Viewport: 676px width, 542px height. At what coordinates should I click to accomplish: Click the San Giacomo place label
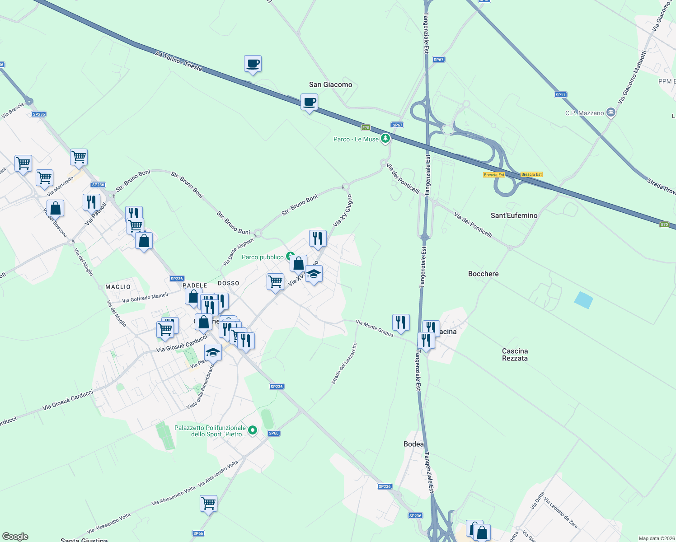[x=330, y=84]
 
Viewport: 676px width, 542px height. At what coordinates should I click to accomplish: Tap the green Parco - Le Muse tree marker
[x=385, y=138]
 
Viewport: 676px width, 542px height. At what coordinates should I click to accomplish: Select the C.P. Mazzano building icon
[x=610, y=112]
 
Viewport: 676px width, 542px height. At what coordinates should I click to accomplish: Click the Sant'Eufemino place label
[x=514, y=215]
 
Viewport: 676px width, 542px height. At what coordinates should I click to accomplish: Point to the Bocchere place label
[x=483, y=274]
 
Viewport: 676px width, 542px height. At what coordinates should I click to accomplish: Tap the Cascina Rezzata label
[x=515, y=355]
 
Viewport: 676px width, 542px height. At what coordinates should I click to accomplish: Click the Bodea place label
[x=413, y=444]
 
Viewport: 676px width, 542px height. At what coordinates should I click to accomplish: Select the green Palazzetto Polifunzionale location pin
[x=253, y=430]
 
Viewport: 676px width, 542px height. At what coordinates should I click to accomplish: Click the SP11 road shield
[x=560, y=95]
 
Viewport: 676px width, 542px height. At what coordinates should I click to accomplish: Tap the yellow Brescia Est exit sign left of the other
[x=494, y=175]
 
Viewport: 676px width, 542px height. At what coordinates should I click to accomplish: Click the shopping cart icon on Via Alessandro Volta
[x=208, y=503]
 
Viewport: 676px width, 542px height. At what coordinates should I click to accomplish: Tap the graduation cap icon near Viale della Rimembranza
[x=213, y=352]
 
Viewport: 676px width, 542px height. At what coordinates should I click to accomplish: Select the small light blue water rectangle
[x=583, y=300]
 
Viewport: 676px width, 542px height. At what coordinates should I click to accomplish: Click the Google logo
[x=15, y=537]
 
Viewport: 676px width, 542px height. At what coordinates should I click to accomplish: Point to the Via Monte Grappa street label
[x=374, y=328]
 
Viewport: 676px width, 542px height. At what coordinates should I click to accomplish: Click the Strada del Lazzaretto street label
[x=344, y=364]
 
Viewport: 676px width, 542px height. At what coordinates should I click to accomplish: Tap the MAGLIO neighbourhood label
[x=118, y=287]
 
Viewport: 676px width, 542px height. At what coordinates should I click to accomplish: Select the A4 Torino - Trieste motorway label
[x=178, y=61]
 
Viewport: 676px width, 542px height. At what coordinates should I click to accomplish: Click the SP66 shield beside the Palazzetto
[x=273, y=433]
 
